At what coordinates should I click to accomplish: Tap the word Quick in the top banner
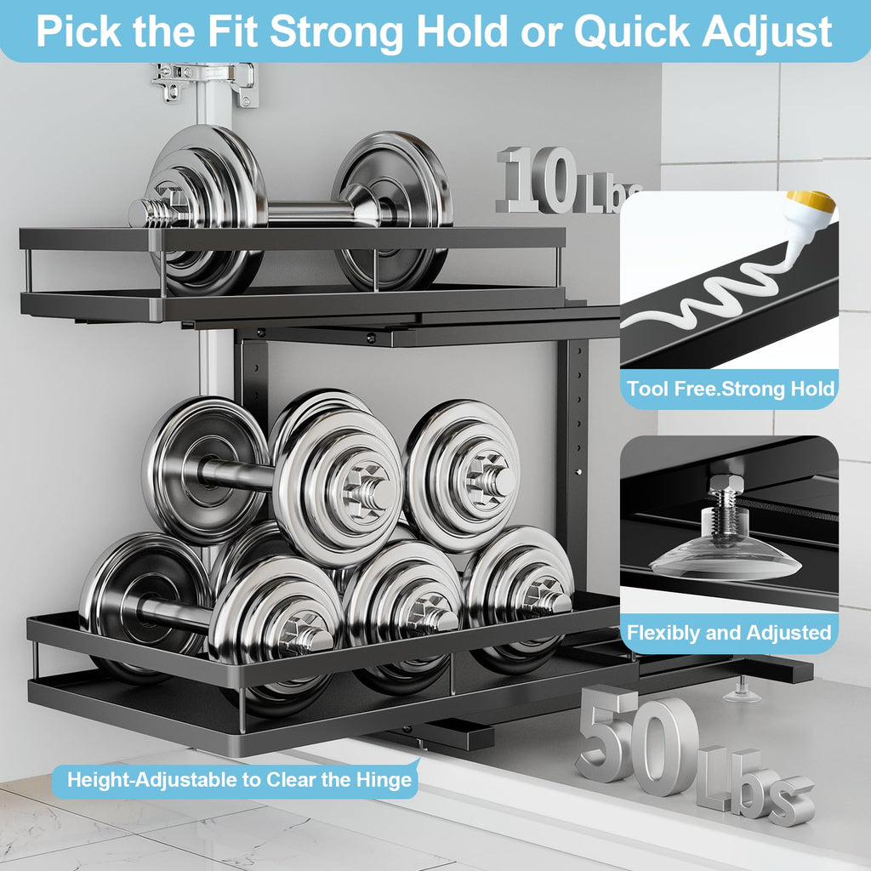tap(633, 32)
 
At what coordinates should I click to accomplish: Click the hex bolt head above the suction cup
tap(724, 484)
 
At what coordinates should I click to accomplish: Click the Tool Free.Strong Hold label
tap(730, 388)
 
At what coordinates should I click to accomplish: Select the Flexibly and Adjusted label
tap(729, 633)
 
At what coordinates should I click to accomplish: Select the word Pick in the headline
tap(77, 31)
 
